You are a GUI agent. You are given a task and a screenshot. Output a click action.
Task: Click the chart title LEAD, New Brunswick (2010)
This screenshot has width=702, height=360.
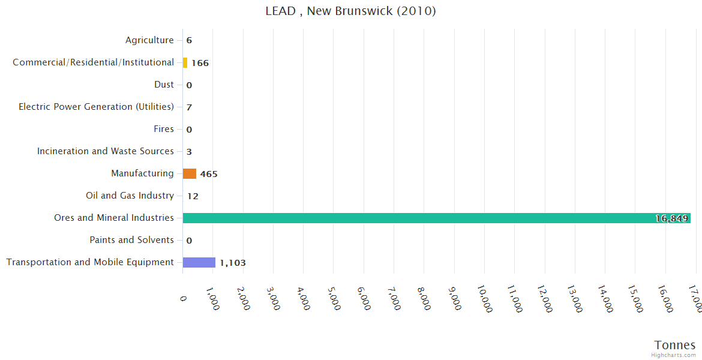click(350, 11)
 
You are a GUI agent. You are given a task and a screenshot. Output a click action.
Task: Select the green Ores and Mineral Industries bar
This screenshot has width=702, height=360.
click(436, 218)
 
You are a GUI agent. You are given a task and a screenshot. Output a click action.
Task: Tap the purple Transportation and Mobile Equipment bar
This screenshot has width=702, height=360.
click(199, 262)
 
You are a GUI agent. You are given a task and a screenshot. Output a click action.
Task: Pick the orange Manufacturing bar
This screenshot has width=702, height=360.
click(190, 173)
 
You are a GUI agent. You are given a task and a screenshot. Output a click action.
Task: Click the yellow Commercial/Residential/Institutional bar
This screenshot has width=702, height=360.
click(185, 62)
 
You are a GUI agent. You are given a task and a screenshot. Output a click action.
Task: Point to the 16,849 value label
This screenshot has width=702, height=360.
click(671, 218)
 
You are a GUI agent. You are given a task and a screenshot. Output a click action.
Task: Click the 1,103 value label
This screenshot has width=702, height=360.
click(233, 263)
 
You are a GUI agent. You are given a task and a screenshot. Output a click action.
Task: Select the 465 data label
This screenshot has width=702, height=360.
click(209, 174)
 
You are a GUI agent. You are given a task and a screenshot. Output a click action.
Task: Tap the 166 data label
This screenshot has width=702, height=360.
click(200, 63)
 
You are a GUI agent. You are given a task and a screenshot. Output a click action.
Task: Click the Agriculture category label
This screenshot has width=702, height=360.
click(149, 40)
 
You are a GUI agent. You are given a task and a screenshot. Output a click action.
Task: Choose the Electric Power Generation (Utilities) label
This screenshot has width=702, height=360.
click(96, 107)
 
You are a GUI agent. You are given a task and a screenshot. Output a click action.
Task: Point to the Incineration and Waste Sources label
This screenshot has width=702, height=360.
click(106, 151)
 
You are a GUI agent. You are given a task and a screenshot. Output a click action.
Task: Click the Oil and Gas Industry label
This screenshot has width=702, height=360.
click(130, 196)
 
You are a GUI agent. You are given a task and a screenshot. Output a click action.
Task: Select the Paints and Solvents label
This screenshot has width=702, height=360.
click(132, 240)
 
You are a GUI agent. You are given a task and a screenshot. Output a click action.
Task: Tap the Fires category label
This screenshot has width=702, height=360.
click(164, 129)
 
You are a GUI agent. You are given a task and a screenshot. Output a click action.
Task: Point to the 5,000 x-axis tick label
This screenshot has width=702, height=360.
click(334, 296)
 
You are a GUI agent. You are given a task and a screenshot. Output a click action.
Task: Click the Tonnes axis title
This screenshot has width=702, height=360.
click(675, 345)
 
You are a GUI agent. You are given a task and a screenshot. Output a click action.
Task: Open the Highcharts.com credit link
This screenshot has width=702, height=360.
click(674, 355)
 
